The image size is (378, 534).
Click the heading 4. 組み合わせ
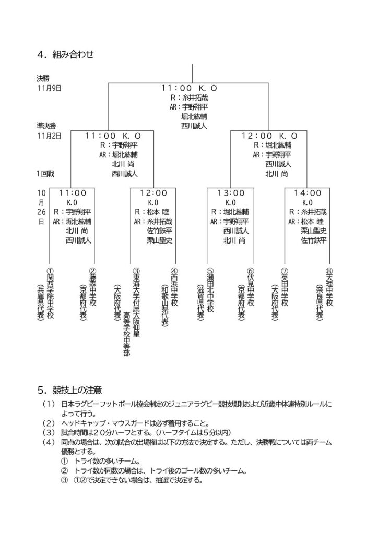tap(65, 53)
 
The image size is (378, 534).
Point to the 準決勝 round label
tap(46, 126)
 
